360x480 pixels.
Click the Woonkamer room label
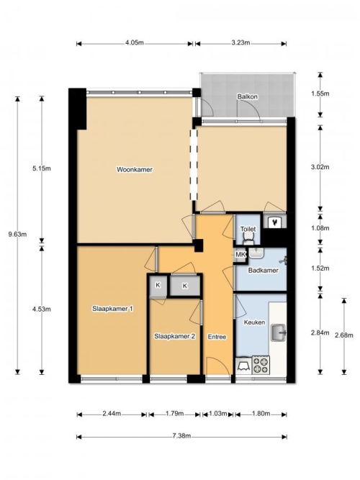pos(134,170)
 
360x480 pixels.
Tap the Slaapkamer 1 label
pos(112,309)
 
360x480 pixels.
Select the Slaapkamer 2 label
pos(174,336)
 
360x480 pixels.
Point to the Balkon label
pos(247,96)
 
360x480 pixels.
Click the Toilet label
pos(248,229)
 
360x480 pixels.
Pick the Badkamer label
pos(264,271)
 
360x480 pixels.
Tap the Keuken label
pos(254,322)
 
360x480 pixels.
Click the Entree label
pos(217,337)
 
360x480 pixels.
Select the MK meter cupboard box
pos(240,255)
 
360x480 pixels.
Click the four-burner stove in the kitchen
pos(261,365)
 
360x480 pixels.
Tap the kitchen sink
pos(278,332)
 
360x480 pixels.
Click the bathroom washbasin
pos(256,253)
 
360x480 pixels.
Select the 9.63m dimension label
pos(17,235)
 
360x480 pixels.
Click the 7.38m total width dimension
pos(181,436)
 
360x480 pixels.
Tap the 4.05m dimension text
pos(134,42)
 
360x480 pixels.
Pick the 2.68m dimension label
pos(344,335)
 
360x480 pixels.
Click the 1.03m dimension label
pos(218,414)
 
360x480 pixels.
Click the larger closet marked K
pos(185,286)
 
